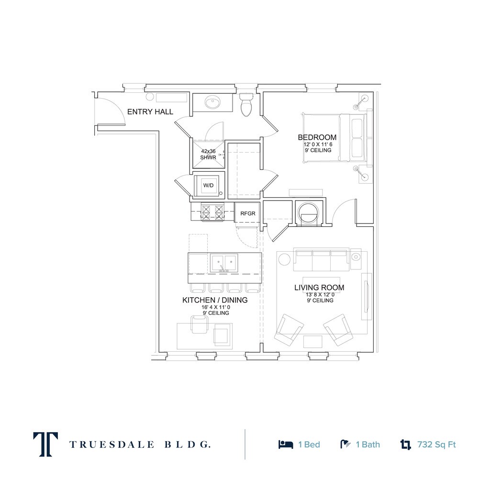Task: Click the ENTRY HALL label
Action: pyautogui.click(x=150, y=111)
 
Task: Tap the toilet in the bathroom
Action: pyautogui.click(x=246, y=104)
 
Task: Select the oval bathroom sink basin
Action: pyautogui.click(x=213, y=102)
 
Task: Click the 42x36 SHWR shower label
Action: pyautogui.click(x=208, y=155)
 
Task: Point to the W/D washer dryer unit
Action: pyautogui.click(x=209, y=185)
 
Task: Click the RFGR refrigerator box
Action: pyautogui.click(x=247, y=213)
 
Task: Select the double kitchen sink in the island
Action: pyautogui.click(x=223, y=263)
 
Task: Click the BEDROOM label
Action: pyautogui.click(x=317, y=137)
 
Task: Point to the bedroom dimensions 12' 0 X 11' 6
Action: pyautogui.click(x=318, y=145)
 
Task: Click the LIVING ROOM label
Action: pyautogui.click(x=319, y=288)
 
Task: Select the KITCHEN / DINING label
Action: pyautogui.click(x=215, y=300)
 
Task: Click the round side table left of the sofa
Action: pyautogui.click(x=284, y=259)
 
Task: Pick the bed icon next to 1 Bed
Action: pyautogui.click(x=286, y=445)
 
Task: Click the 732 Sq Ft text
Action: pyautogui.click(x=436, y=445)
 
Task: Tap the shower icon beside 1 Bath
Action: pyautogui.click(x=345, y=445)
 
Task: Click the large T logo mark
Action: pyautogui.click(x=45, y=445)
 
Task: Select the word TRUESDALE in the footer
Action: pyautogui.click(x=111, y=445)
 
